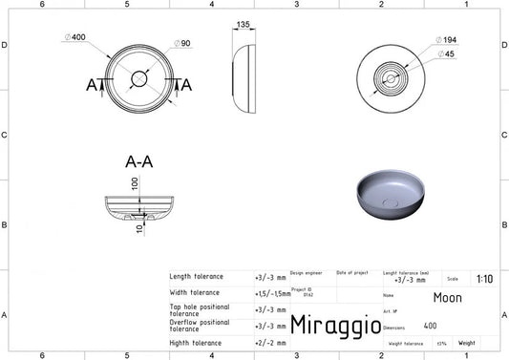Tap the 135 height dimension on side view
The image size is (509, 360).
[243, 25]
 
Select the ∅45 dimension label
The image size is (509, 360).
[445, 53]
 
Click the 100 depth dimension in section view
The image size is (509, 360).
[135, 181]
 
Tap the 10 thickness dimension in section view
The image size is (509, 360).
[138, 227]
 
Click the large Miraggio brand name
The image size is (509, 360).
[328, 327]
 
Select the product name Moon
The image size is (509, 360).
[447, 297]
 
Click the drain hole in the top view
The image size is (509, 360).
[139, 77]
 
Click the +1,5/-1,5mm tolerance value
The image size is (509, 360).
[273, 293]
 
